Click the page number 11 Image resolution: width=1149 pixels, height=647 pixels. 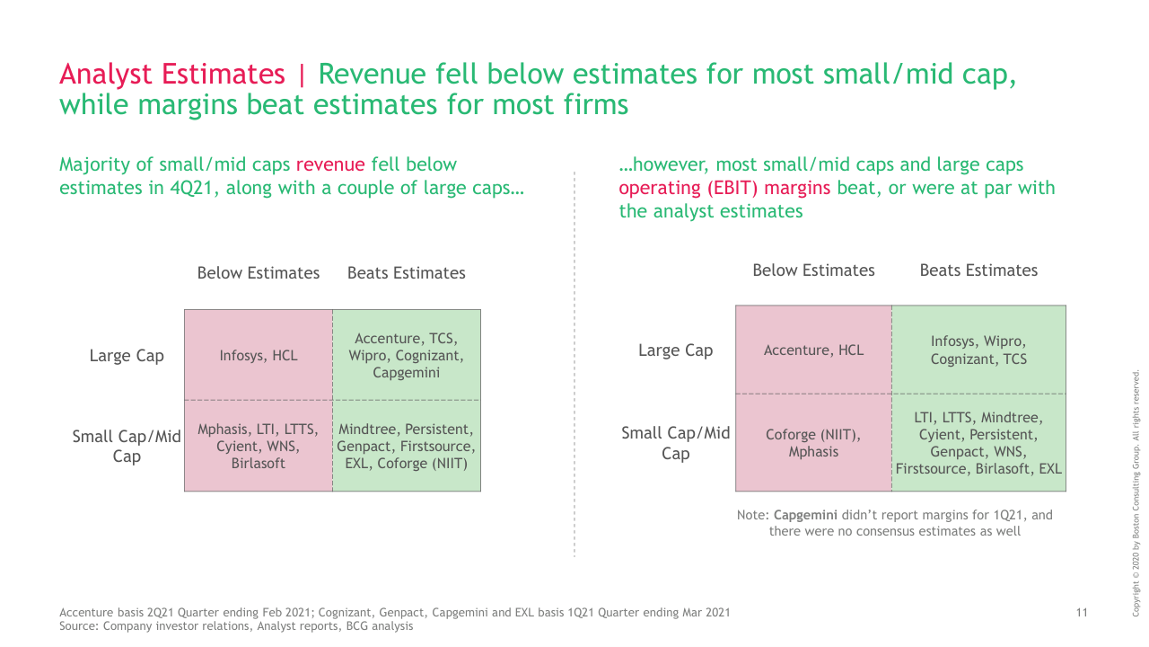pyautogui.click(x=1082, y=613)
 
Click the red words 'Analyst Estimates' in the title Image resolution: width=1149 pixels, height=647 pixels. pyautogui.click(x=171, y=74)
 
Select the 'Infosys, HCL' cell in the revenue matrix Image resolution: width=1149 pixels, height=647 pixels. pyautogui.click(x=259, y=356)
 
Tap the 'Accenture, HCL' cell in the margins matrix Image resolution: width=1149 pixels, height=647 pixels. pyautogui.click(x=813, y=350)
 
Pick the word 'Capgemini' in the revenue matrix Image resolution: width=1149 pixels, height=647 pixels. pyautogui.click(x=406, y=373)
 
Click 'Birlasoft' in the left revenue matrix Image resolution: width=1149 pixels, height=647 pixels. pyautogui.click(x=258, y=464)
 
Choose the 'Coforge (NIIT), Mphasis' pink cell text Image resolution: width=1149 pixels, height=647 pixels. pyautogui.click(x=813, y=444)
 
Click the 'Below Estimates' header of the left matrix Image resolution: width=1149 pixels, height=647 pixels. pyautogui.click(x=259, y=273)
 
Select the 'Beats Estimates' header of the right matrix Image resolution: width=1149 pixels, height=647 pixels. pyautogui.click(x=978, y=270)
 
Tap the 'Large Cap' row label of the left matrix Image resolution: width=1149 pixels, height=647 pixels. pyautogui.click(x=127, y=356)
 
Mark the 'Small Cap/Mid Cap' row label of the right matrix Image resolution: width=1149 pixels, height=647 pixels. pyautogui.click(x=675, y=443)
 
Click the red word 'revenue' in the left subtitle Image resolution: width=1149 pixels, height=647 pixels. pyautogui.click(x=330, y=164)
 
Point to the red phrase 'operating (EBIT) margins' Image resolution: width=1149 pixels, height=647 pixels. pyautogui.click(x=725, y=188)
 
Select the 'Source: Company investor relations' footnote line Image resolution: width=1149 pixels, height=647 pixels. pyautogui.click(x=236, y=625)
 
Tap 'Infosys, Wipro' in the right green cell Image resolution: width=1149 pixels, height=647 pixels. pyautogui.click(x=978, y=341)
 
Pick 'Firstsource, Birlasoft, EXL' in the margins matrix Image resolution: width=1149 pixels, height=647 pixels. pyautogui.click(x=978, y=469)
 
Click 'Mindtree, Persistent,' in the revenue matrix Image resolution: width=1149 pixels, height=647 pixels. pyautogui.click(x=406, y=430)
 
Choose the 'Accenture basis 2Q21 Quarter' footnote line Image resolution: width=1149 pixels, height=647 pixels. pyautogui.click(x=394, y=613)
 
